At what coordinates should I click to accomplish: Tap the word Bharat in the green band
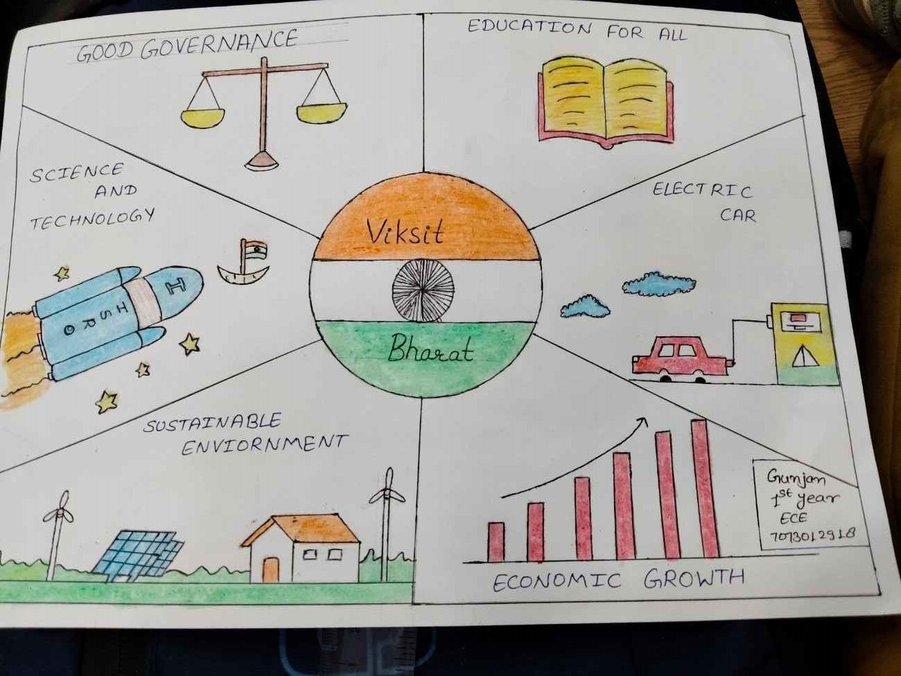[x=430, y=348]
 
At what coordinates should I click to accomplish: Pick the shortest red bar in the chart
[x=496, y=541]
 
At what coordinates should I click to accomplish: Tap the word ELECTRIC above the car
[x=701, y=190]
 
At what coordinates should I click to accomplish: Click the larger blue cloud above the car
[x=650, y=283]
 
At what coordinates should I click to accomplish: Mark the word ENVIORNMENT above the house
[x=263, y=444]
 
